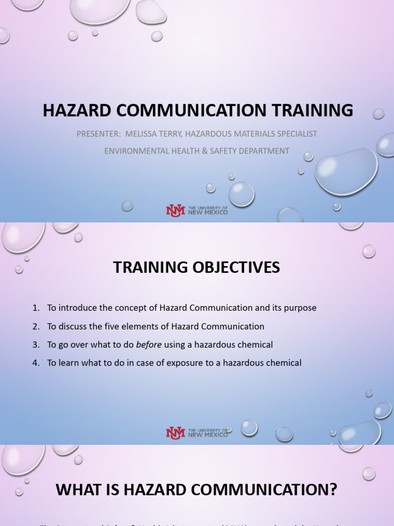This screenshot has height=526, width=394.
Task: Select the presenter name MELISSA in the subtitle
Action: point(140,134)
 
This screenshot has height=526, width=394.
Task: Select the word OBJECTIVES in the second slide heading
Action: point(235,268)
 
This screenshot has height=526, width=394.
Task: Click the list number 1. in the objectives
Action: point(36,308)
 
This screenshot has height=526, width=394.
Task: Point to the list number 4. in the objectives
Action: point(36,363)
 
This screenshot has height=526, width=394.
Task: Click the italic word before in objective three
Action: point(149,345)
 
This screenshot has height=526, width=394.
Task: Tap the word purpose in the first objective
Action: point(300,308)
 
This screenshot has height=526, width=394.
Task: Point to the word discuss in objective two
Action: point(72,327)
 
